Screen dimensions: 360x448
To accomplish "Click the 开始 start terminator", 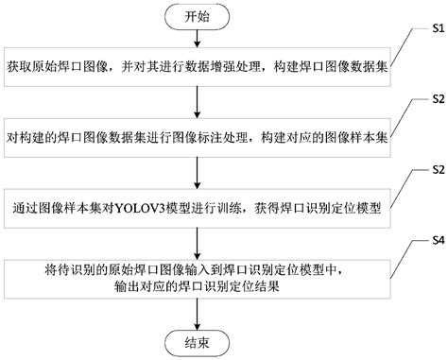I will [198, 18].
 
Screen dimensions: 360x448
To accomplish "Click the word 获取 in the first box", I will [20, 69].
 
